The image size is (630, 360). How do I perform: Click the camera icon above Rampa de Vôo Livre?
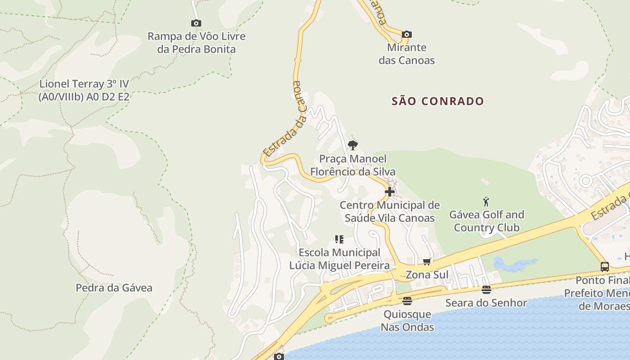coord(196,23)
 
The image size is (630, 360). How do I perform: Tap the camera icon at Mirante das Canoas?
coord(406,34)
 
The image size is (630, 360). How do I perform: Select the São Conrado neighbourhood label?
coord(437,101)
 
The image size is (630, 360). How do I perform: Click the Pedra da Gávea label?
coord(114,288)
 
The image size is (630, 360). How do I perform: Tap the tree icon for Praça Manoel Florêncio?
coord(353,145)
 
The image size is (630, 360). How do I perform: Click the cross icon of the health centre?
coord(390,192)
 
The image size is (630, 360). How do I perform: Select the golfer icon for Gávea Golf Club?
coord(486,201)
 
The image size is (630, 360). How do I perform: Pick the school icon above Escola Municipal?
coord(339,239)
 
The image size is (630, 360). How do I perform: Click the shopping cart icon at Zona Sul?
coord(427,261)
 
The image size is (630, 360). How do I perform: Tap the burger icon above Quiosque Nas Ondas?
coord(407,301)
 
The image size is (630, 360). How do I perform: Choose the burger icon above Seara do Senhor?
coord(486,289)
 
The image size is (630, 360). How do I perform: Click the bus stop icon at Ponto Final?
coord(605,266)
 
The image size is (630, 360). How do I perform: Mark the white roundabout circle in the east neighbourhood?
coord(585,181)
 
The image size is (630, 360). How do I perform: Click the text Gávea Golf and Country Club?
coord(486,221)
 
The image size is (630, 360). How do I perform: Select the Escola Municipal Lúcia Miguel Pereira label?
coord(339,259)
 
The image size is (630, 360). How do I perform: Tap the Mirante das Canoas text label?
coord(407,54)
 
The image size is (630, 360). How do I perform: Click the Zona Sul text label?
coord(427,274)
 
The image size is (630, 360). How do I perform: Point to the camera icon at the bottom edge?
coord(279,356)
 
